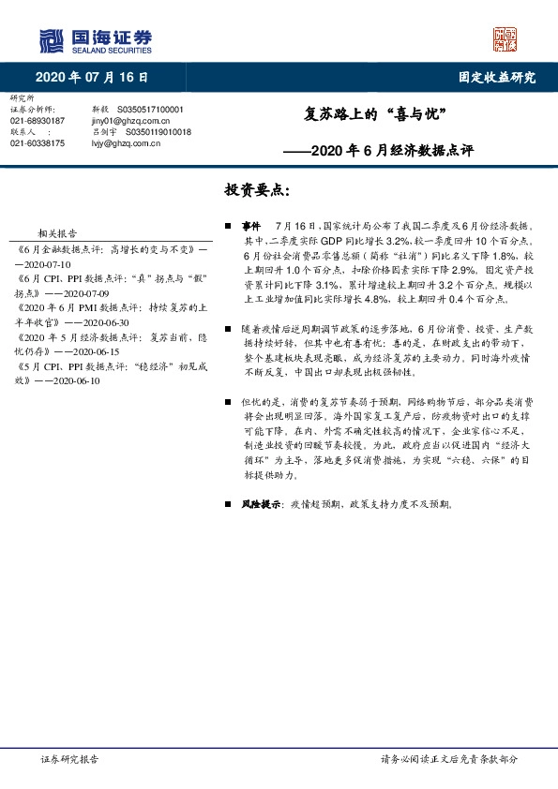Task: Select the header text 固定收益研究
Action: coord(496,78)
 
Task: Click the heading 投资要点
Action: coord(256,190)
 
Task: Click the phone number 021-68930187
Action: coord(38,121)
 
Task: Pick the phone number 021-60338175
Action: coord(38,143)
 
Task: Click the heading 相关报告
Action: coord(56,234)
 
